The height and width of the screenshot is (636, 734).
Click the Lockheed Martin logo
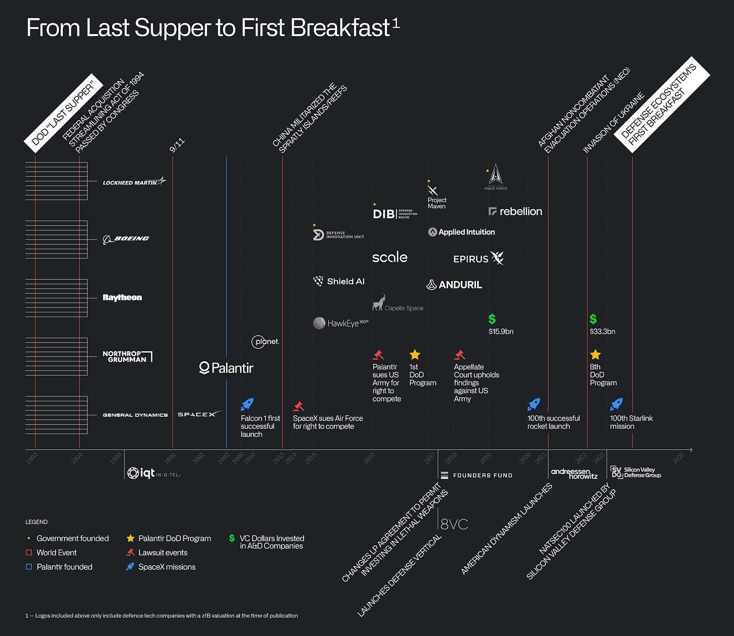134,182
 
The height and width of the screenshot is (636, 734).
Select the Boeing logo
126,239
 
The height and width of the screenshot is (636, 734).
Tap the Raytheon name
122,297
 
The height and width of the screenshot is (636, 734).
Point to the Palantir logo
226,368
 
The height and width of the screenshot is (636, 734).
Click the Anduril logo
454,285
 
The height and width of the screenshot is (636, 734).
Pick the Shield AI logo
339,282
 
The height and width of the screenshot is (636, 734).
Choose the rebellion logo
515,211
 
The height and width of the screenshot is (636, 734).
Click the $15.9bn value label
501,331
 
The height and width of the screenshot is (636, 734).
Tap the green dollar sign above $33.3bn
593,319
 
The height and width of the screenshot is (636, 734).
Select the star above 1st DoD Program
415,354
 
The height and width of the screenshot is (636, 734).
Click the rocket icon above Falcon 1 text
247,404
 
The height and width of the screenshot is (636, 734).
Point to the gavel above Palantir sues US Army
378,354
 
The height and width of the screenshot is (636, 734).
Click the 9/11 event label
177,145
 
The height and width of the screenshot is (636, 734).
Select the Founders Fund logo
477,476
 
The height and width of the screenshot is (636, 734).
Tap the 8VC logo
454,524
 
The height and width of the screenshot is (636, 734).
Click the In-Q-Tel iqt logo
154,473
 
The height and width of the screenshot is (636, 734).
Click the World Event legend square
29,553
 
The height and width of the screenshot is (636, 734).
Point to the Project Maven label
437,203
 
